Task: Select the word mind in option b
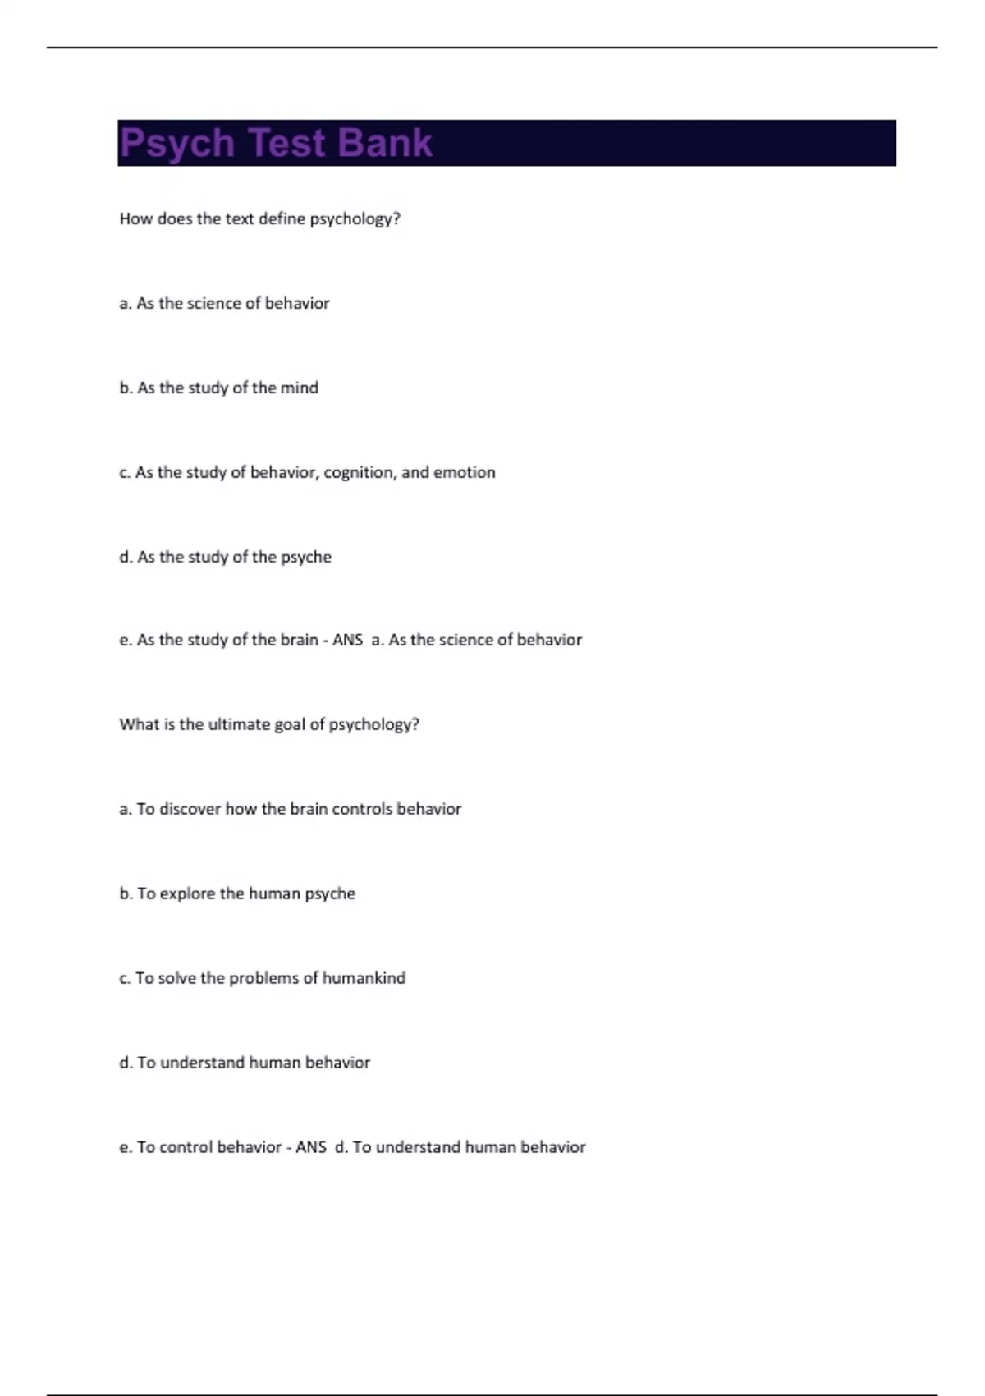299,388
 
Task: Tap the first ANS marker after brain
347,640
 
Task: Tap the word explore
187,894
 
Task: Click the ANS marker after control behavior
311,1147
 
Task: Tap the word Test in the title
286,142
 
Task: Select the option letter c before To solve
124,978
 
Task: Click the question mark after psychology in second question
415,724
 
